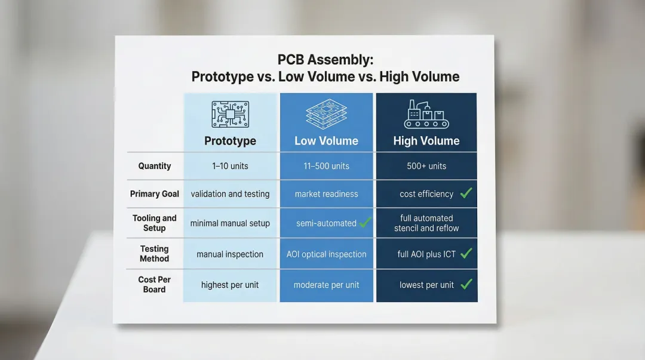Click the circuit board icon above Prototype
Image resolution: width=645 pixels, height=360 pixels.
pyautogui.click(x=230, y=115)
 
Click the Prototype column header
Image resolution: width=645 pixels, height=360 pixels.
pyautogui.click(x=230, y=141)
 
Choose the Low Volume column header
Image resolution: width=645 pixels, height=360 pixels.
pyautogui.click(x=326, y=141)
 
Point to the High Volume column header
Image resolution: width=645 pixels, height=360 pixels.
pyautogui.click(x=426, y=141)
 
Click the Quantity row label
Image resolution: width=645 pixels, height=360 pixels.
pyautogui.click(x=155, y=166)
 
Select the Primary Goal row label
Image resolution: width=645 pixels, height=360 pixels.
pyautogui.click(x=155, y=194)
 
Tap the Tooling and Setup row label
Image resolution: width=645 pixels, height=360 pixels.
pyautogui.click(x=155, y=223)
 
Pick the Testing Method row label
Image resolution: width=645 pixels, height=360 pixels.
pyautogui.click(x=155, y=254)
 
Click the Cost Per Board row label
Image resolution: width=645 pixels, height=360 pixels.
pyautogui.click(x=155, y=284)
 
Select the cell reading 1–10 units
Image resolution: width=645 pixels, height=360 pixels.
pyautogui.click(x=230, y=166)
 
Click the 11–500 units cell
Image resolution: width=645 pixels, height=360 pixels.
pyautogui.click(x=326, y=166)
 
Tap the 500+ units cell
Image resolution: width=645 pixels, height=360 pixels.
pyautogui.click(x=426, y=166)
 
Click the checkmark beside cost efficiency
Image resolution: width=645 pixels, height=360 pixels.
pyautogui.click(x=466, y=193)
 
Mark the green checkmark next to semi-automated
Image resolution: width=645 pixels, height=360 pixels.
pyautogui.click(x=365, y=223)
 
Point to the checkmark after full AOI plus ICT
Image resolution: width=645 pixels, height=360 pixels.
pyautogui.click(x=466, y=254)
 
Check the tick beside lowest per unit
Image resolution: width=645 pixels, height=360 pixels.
pyautogui.click(x=466, y=284)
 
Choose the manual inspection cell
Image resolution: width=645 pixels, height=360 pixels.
pyautogui.click(x=230, y=254)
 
